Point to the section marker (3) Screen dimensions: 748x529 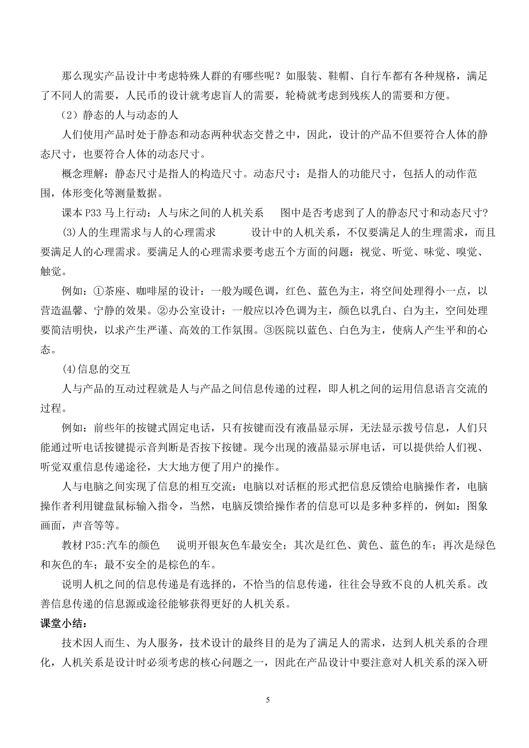[x=69, y=233]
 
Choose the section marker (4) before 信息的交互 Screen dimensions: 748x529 [x=69, y=369]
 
